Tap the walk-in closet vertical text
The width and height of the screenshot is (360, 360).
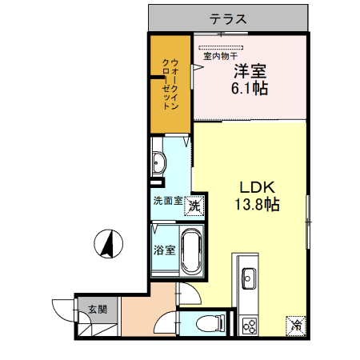tap(170, 84)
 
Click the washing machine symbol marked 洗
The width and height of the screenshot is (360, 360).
tap(193, 206)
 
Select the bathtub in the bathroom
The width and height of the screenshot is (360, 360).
tap(190, 251)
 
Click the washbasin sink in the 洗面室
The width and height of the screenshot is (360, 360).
tap(158, 162)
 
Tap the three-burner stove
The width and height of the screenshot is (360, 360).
tap(249, 325)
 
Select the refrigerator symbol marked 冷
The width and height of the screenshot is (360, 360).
tap(296, 326)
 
